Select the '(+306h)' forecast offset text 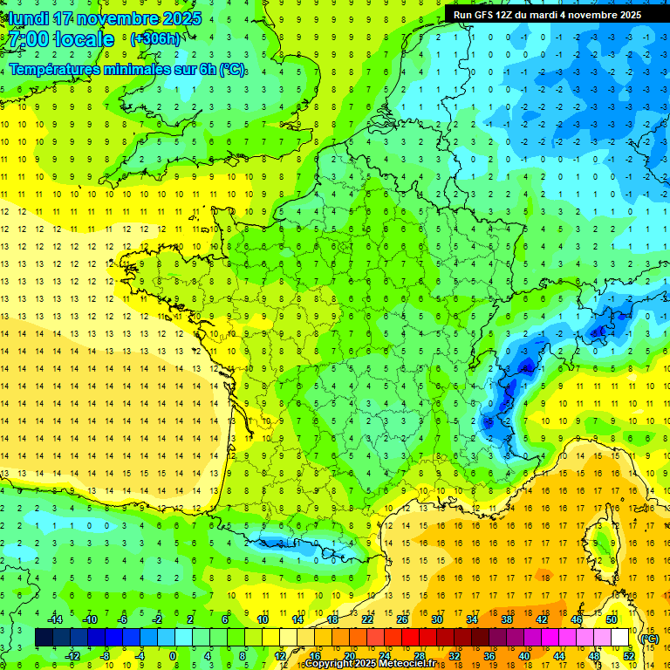tap(155, 39)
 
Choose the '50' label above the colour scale tap(611, 619)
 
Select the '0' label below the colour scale tap(173, 656)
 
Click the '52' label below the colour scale tap(629, 656)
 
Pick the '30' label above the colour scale tap(437, 619)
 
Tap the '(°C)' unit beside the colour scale tap(649, 638)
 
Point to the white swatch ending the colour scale tap(619, 638)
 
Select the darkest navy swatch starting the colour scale tap(44, 638)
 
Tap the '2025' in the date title tap(181, 18)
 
